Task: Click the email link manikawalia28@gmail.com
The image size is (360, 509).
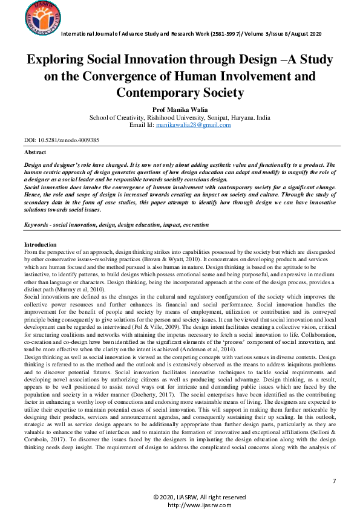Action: [x=193, y=125]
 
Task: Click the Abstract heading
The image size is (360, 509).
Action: [x=34, y=152]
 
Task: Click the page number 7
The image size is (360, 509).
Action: [x=334, y=480]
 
